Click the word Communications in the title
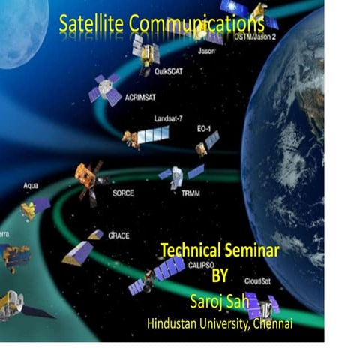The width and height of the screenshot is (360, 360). (196, 24)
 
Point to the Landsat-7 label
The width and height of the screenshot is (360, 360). (169, 118)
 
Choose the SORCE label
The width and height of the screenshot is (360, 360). (123, 192)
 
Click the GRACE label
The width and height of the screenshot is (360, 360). (119, 235)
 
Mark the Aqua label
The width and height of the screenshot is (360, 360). (31, 184)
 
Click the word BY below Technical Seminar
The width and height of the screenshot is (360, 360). (220, 276)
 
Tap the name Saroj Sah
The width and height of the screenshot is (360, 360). (217, 302)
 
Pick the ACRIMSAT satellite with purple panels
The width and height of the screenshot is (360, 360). (104, 89)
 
